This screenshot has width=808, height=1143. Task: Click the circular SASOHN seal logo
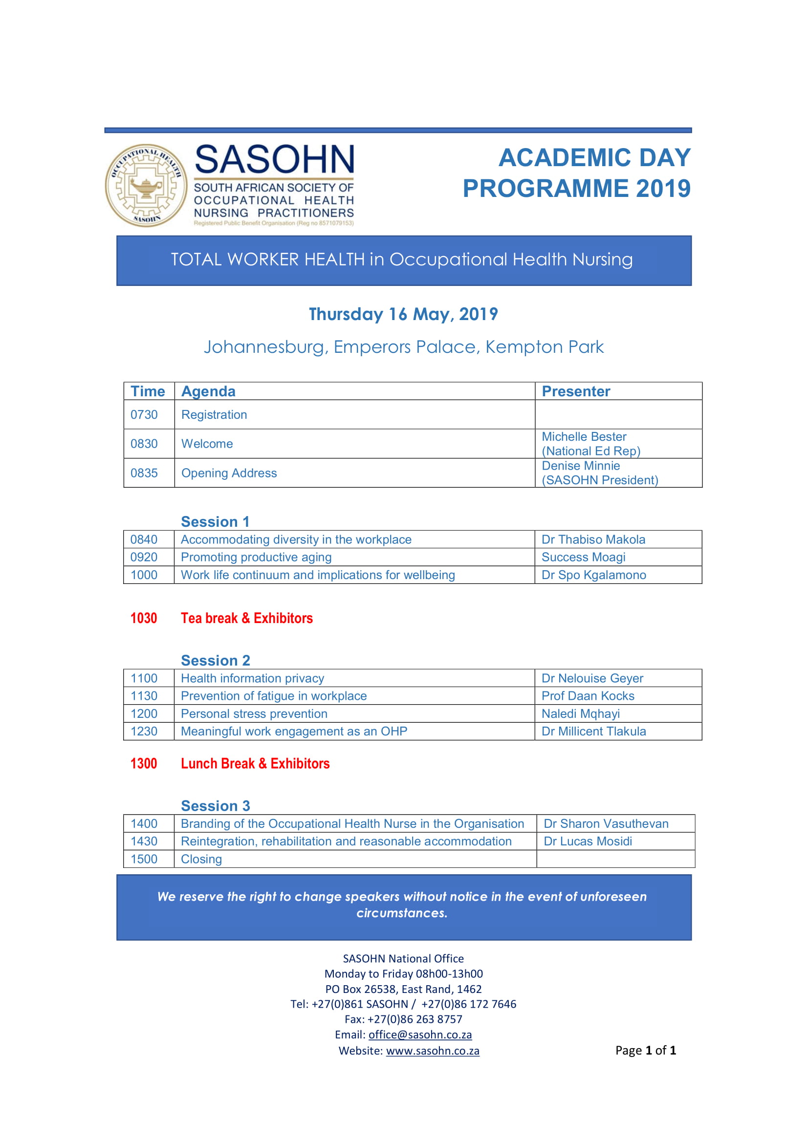(x=146, y=186)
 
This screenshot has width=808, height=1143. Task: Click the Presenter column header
(x=575, y=391)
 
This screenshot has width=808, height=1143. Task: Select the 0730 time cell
(x=144, y=415)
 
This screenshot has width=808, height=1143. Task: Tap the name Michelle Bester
(x=584, y=436)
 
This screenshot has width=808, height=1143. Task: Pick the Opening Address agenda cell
(x=229, y=473)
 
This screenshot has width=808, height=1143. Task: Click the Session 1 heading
(x=215, y=522)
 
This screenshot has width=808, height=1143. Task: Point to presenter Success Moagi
(x=583, y=557)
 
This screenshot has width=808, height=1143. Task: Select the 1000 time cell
(x=144, y=575)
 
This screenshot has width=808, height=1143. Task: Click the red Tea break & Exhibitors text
(x=246, y=618)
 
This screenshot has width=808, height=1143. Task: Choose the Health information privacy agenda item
(x=252, y=678)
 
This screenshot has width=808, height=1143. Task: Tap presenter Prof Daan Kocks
(x=588, y=696)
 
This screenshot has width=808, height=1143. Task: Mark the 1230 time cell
(x=144, y=732)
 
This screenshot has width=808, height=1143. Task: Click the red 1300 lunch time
(x=143, y=764)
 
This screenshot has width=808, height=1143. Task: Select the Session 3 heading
(x=215, y=806)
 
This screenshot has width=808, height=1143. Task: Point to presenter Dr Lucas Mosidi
(x=588, y=841)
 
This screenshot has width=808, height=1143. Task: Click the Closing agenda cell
(x=201, y=859)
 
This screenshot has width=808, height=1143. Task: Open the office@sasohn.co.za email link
(x=420, y=1035)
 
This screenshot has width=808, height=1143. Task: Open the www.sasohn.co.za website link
(x=432, y=1051)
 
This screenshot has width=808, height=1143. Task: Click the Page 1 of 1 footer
(x=645, y=1051)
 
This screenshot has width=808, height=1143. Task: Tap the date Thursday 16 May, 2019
(x=403, y=314)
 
